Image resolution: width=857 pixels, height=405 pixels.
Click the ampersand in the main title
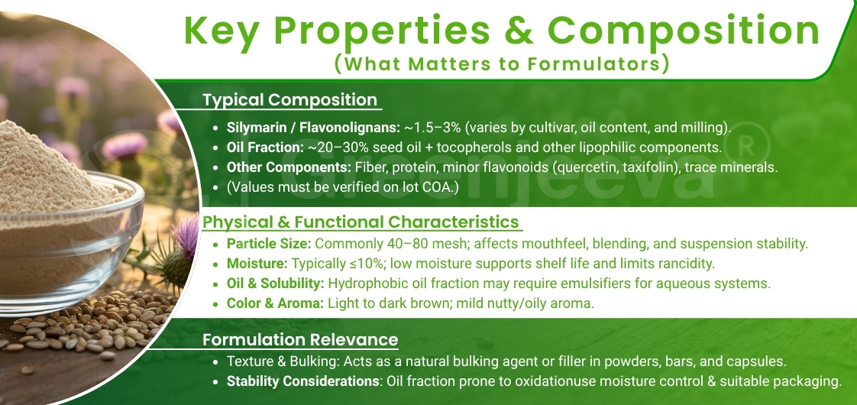click(519, 31)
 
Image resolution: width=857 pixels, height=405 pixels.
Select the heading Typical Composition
click(290, 100)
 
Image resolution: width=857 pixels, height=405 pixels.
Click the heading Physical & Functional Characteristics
click(361, 222)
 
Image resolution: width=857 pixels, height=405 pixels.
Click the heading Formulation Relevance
click(300, 339)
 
